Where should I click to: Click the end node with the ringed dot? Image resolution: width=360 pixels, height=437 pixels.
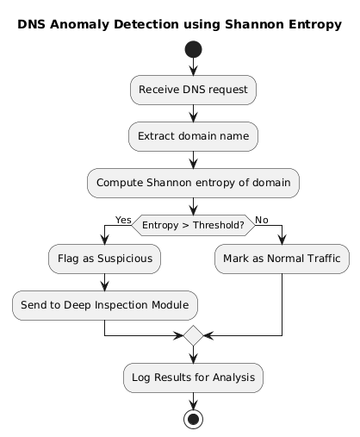pos(193,419)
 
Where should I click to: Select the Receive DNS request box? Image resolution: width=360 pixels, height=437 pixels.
pos(193,89)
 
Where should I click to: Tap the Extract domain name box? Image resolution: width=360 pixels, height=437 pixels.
pos(193,135)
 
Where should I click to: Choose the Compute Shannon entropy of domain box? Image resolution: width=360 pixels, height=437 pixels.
pos(193,182)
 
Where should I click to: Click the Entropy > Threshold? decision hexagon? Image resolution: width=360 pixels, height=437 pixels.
pos(193,225)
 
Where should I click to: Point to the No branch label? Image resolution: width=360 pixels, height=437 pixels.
pos(262,220)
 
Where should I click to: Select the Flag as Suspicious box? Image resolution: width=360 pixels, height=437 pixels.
pos(104,258)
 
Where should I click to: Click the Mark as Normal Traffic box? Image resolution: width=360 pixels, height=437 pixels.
pos(282,258)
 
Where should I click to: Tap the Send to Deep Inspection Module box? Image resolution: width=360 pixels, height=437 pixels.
pos(104,304)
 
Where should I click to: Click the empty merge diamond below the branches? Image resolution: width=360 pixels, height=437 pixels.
pos(193,335)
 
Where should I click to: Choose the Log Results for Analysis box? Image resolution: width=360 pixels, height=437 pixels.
pos(193,377)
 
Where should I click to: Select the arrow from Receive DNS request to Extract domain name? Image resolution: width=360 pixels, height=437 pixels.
pos(193,112)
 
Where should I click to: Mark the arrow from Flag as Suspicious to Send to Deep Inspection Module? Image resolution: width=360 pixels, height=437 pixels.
pos(104,281)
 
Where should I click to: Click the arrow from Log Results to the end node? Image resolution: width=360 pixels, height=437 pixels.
pos(193,400)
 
